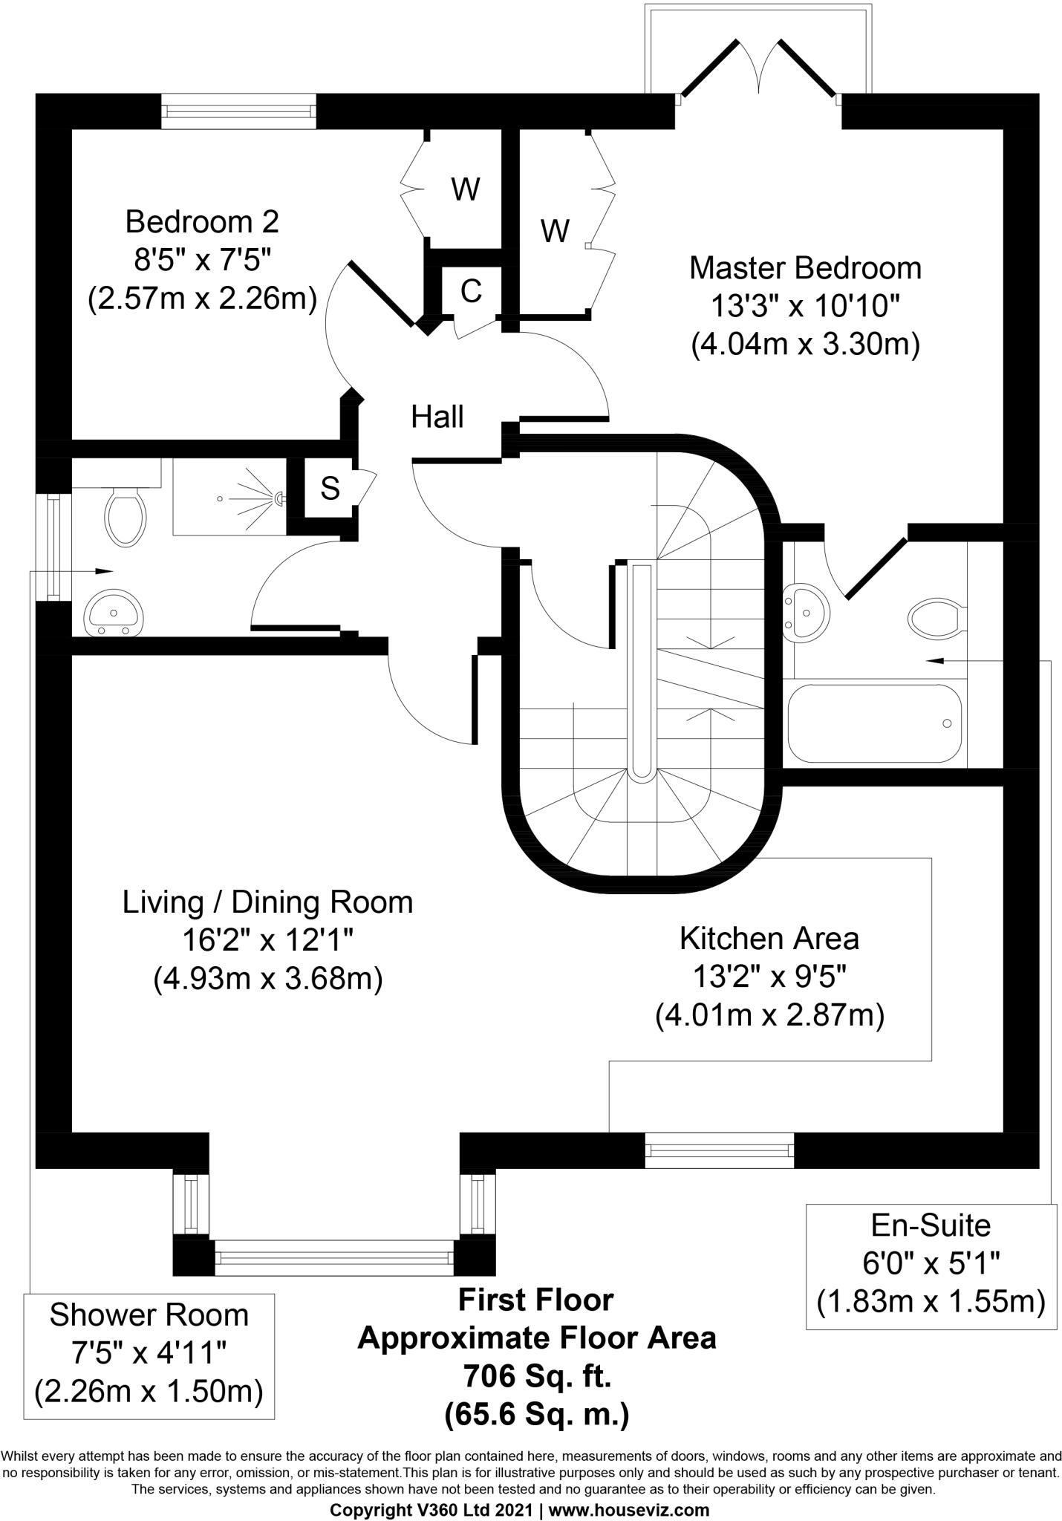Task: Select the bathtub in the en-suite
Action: pos(874,723)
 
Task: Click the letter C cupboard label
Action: pos(471,292)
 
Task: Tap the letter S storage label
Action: pos(330,489)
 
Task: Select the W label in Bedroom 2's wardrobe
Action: pos(466,190)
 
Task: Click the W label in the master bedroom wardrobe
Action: pos(555,231)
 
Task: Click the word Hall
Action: pos(437,417)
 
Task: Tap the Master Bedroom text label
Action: pos(805,268)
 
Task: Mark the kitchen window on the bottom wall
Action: pos(719,1150)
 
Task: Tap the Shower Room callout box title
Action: pos(149,1315)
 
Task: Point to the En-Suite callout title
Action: pos(931,1225)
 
